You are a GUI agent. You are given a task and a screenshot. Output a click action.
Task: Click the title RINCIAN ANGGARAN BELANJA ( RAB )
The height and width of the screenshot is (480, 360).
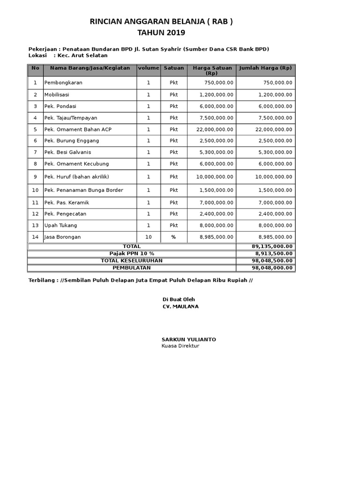[x=161, y=22]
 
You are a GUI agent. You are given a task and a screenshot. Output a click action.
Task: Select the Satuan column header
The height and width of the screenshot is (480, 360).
[x=174, y=68]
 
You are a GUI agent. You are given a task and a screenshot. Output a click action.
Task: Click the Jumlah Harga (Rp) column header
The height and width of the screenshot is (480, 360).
[x=265, y=68]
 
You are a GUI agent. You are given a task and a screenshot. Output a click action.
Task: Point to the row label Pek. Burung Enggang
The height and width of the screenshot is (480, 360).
[x=72, y=141]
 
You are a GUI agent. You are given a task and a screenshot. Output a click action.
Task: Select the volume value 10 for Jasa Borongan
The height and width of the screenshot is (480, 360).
[x=149, y=237]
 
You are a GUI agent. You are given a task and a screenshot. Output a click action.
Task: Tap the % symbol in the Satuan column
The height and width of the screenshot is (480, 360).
[x=174, y=237]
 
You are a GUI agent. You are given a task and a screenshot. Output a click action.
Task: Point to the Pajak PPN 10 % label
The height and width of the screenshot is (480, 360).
[x=132, y=254]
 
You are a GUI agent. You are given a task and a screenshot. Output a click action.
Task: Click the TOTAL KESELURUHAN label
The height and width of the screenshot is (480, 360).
[x=132, y=261]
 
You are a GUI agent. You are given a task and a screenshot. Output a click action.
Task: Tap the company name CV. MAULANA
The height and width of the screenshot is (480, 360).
[x=180, y=307]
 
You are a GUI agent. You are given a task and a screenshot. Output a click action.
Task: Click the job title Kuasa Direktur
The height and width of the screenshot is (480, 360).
[x=180, y=346]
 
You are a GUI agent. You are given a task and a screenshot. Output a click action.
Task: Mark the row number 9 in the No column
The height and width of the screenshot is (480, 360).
[x=35, y=177]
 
